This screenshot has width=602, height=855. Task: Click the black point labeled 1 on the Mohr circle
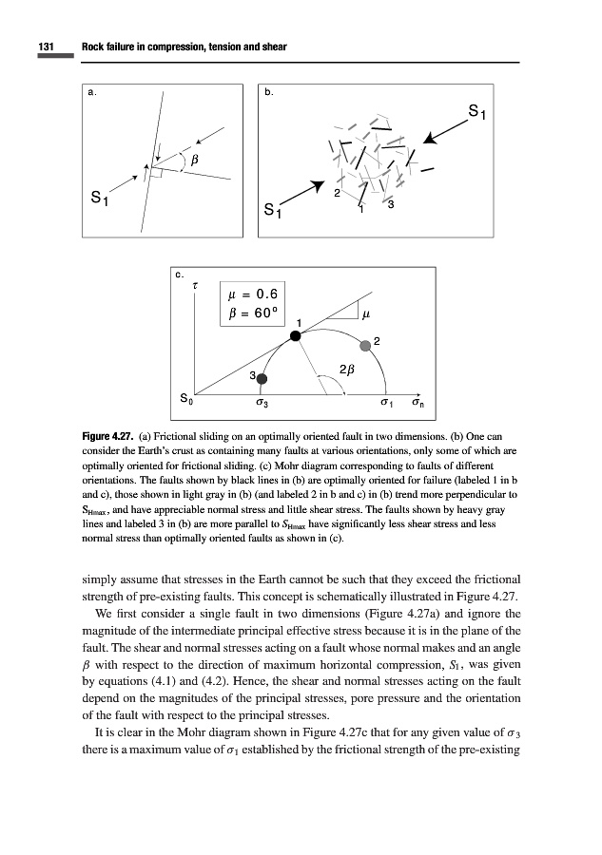[296, 333]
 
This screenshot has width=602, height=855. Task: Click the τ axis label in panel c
[195, 284]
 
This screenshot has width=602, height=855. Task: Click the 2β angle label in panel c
[347, 369]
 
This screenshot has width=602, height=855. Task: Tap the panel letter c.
[177, 275]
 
